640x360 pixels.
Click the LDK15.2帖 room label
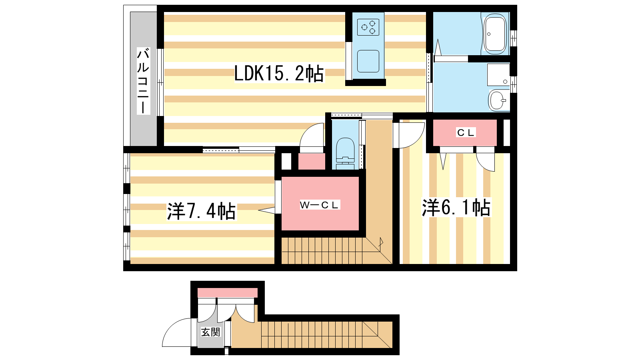pos(279,74)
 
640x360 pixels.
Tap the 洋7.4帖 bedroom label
pos(202,212)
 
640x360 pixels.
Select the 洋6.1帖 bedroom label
pos(456,208)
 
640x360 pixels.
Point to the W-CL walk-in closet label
pos(320,205)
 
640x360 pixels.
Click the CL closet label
pos(466,132)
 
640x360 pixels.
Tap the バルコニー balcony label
pos(144,81)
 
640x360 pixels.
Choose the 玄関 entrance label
pos(210,332)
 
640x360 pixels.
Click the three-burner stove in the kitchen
pos(368,27)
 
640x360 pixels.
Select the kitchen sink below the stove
pos(368,61)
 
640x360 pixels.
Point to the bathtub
pos(494,34)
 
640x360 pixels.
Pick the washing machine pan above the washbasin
pos(498,74)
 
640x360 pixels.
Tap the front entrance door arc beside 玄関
pos(176,332)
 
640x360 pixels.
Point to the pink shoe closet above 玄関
pos(228,293)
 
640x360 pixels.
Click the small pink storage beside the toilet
pos(312,162)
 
